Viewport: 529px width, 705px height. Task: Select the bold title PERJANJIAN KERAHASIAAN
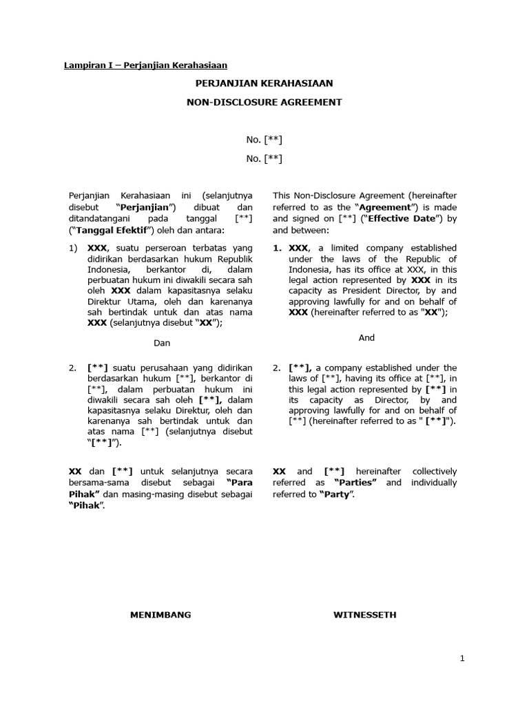(x=264, y=83)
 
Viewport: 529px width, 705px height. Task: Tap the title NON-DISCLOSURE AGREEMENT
(x=264, y=102)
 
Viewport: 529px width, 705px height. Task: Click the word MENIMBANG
(x=160, y=614)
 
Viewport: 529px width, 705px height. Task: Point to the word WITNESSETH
(x=366, y=614)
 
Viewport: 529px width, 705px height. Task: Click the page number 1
(x=463, y=659)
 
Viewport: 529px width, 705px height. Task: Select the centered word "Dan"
(x=162, y=343)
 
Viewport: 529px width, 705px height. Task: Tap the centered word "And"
(x=366, y=337)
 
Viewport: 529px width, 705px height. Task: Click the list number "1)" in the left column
(x=74, y=248)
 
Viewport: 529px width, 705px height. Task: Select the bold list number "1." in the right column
(x=278, y=248)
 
